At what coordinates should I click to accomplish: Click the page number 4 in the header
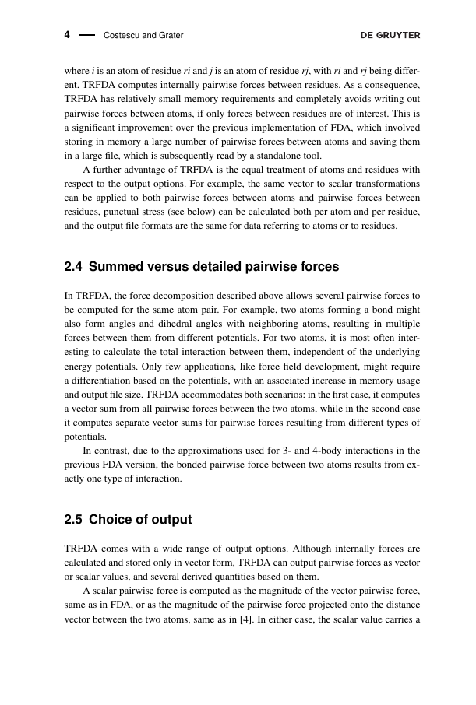coord(67,35)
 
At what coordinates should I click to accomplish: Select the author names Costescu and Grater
coord(143,36)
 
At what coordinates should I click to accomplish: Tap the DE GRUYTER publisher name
coord(390,35)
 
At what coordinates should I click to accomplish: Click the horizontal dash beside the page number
coord(86,35)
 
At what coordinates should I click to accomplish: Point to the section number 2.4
coord(73,267)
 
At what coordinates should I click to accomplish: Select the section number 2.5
coord(73,519)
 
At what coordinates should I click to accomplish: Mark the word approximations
coord(195,450)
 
